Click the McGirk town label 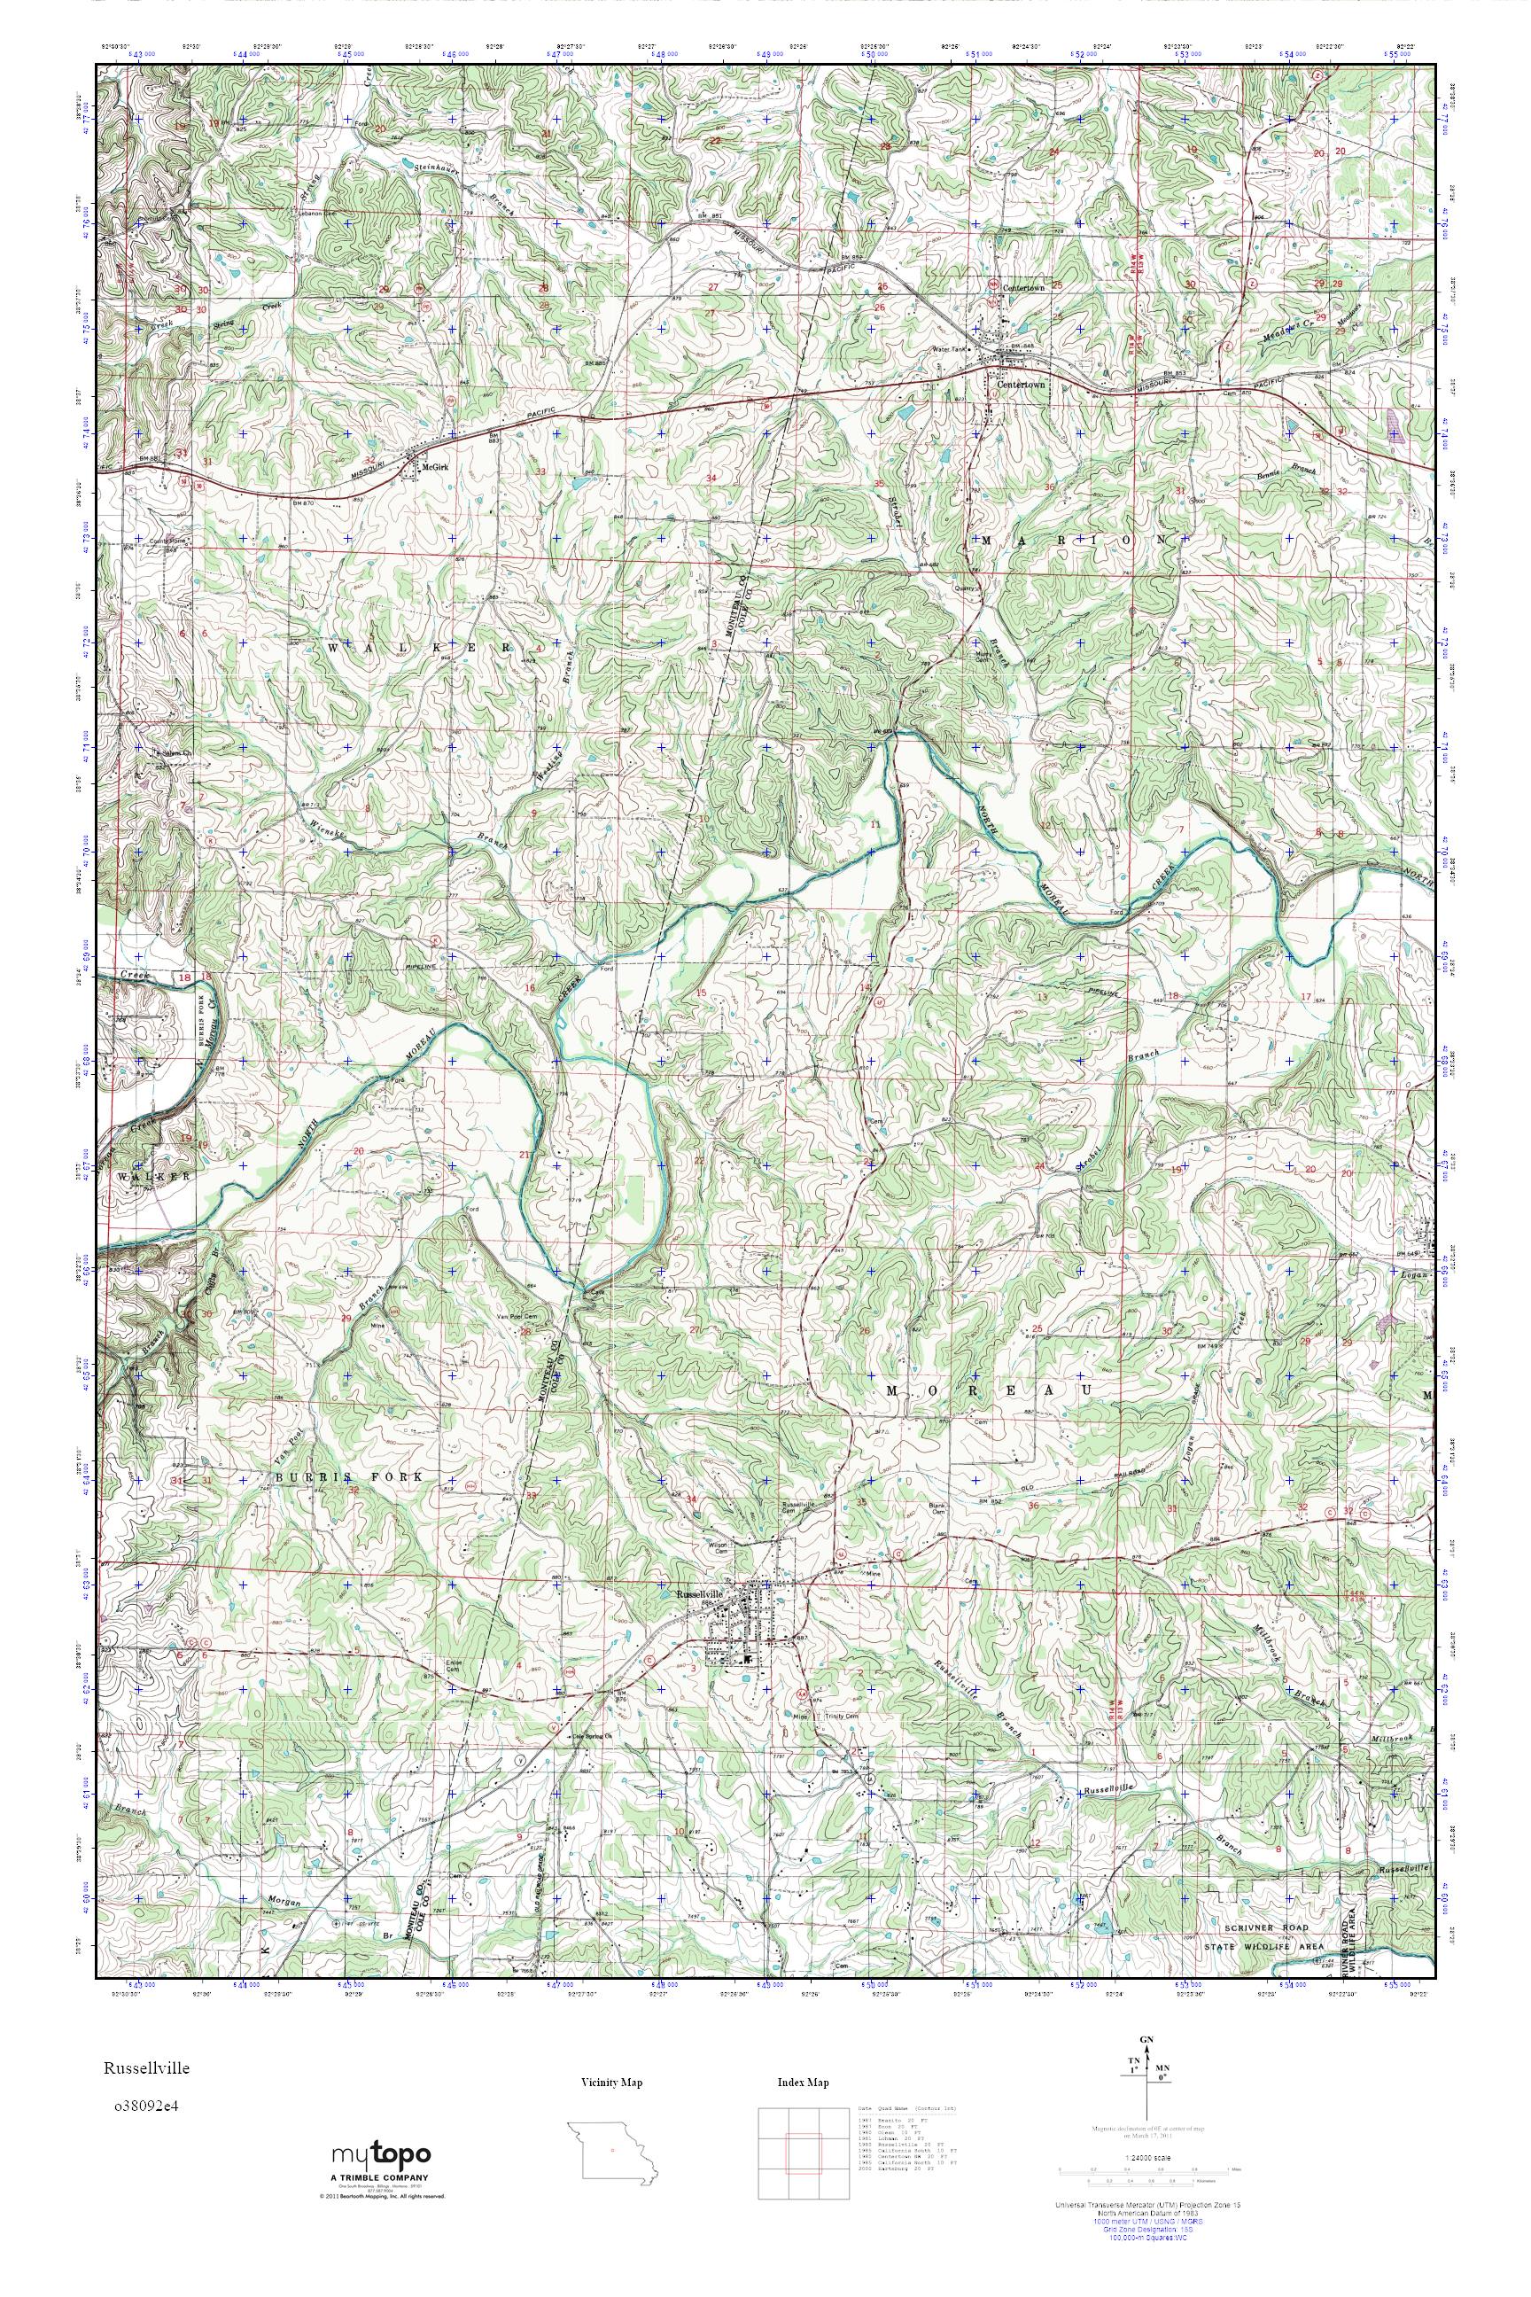pos(434,468)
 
